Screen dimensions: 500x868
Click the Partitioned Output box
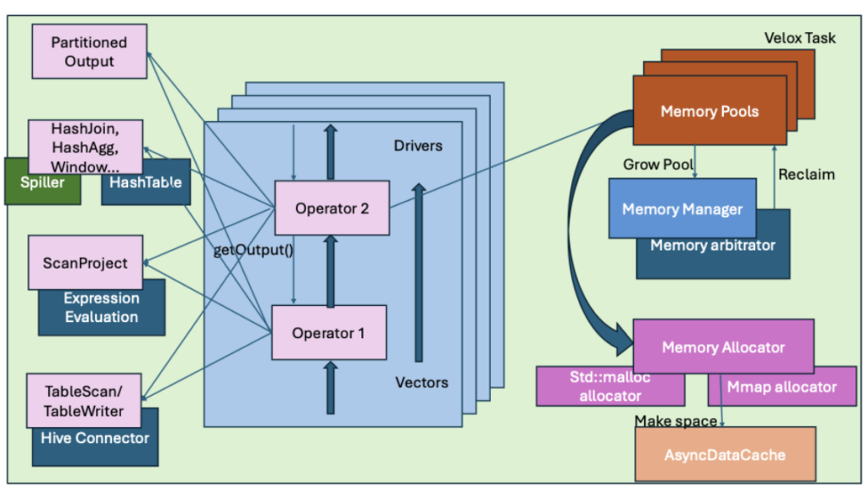[89, 52]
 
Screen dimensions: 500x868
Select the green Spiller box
[41, 182]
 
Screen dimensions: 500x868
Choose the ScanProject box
[85, 262]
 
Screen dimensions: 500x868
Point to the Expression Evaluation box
[101, 308]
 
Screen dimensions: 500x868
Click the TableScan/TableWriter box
[83, 400]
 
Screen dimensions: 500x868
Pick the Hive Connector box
[95, 438]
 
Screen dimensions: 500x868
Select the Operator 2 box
[331, 208]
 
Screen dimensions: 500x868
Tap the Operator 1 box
[328, 332]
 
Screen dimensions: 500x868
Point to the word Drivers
[418, 146]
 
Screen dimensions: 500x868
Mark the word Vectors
[421, 382]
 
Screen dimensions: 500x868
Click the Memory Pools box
[709, 111]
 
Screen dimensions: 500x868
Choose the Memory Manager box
[682, 208]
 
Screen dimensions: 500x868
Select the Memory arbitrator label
[713, 246]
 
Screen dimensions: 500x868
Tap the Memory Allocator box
[723, 347]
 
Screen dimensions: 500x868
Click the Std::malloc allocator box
[610, 387]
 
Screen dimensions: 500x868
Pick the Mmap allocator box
[782, 387]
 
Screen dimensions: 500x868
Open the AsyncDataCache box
[724, 454]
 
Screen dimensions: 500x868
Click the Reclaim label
[806, 175]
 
